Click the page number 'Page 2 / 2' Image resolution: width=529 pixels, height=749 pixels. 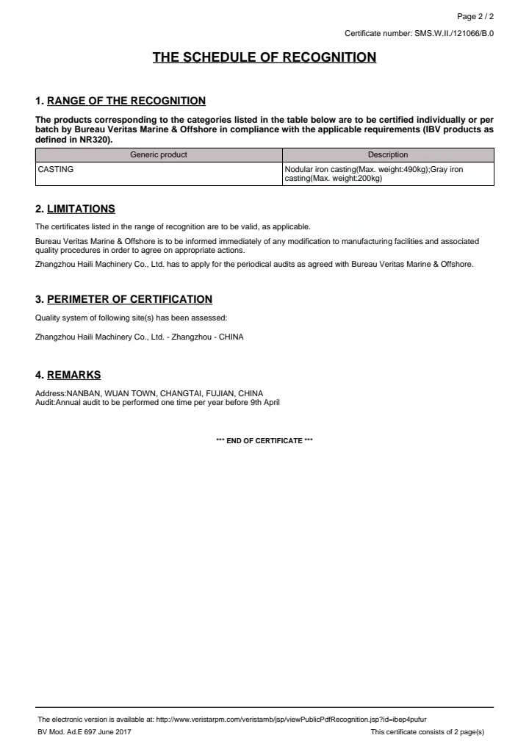(475, 16)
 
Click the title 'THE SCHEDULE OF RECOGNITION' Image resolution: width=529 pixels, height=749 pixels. (264, 57)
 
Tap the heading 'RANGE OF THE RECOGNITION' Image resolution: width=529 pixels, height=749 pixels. (126, 101)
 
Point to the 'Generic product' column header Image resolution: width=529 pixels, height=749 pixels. (159, 154)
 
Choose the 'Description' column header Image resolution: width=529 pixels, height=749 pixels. (388, 154)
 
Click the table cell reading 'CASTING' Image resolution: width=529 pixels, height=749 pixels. (56, 169)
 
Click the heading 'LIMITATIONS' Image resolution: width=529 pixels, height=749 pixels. (81, 209)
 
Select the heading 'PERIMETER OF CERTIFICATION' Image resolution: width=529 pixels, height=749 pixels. (129, 299)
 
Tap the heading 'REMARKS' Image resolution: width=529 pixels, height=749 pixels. (73, 375)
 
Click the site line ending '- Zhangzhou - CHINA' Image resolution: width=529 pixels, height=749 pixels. (139, 337)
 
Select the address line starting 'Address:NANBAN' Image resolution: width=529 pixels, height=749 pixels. (149, 393)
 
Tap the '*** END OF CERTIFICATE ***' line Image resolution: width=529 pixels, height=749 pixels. (264, 440)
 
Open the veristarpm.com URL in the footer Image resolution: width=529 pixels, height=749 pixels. (291, 719)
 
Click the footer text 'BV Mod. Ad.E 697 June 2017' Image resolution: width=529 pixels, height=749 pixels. (85, 732)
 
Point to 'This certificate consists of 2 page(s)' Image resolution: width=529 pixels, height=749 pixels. (427, 732)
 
